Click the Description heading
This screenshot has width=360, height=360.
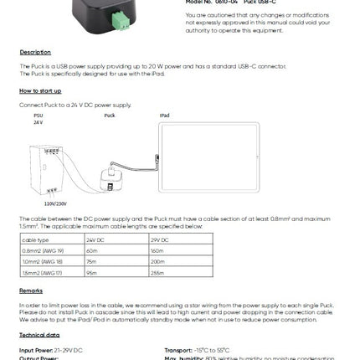pyautogui.click(x=35, y=52)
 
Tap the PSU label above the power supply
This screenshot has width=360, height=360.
pyautogui.click(x=38, y=116)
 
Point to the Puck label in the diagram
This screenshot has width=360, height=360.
pyautogui.click(x=109, y=116)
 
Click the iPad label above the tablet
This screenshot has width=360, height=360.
pyautogui.click(x=164, y=116)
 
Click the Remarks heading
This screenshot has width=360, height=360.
pyautogui.click(x=32, y=291)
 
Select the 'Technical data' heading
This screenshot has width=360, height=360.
pyautogui.click(x=37, y=334)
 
